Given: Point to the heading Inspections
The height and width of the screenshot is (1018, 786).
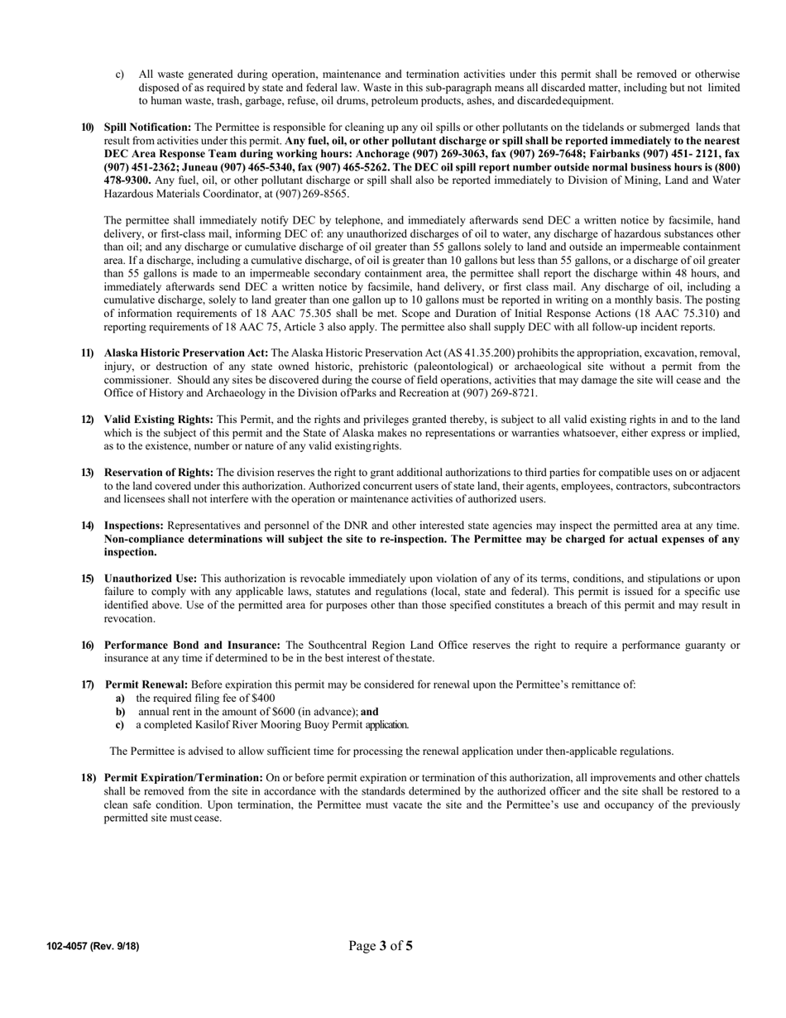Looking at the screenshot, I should [134, 526].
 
